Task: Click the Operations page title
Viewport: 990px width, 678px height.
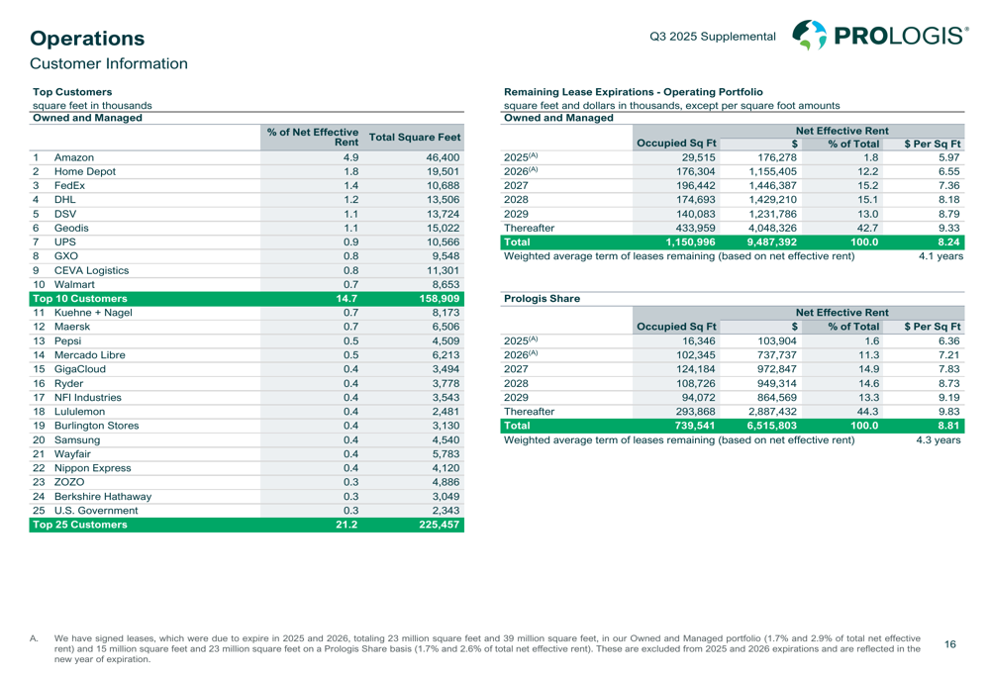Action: click(87, 39)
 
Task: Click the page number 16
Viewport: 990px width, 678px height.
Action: click(950, 643)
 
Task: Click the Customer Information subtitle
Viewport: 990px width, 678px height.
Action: click(108, 64)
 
